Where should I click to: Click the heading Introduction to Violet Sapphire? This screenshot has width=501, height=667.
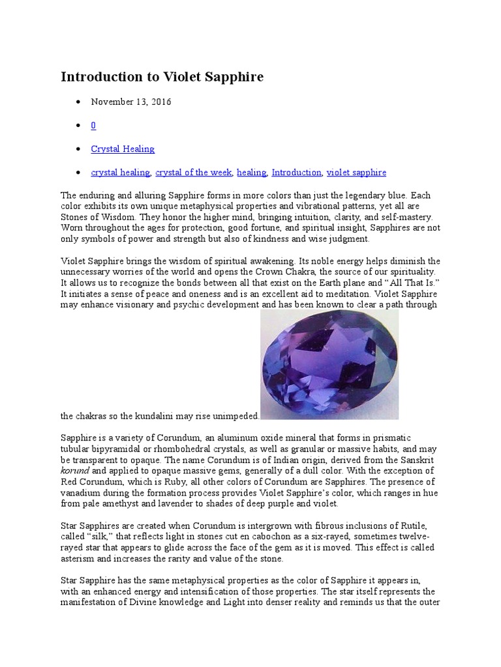coord(162,77)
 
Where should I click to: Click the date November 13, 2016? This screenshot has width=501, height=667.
coord(131,102)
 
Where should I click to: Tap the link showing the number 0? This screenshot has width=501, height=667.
coord(93,125)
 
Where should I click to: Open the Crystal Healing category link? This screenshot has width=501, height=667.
coord(123,149)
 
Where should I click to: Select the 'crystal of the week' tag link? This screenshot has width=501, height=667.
coord(193,173)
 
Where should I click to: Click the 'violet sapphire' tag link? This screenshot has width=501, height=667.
coord(356,173)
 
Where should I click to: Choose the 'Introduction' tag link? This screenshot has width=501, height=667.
coord(296,173)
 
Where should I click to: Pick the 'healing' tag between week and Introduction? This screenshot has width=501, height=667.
coord(252,173)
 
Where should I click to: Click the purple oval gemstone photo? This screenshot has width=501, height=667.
coord(329,364)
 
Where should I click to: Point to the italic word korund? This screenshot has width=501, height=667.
coord(74,470)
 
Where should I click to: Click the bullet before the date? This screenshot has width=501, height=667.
coord(78,102)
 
